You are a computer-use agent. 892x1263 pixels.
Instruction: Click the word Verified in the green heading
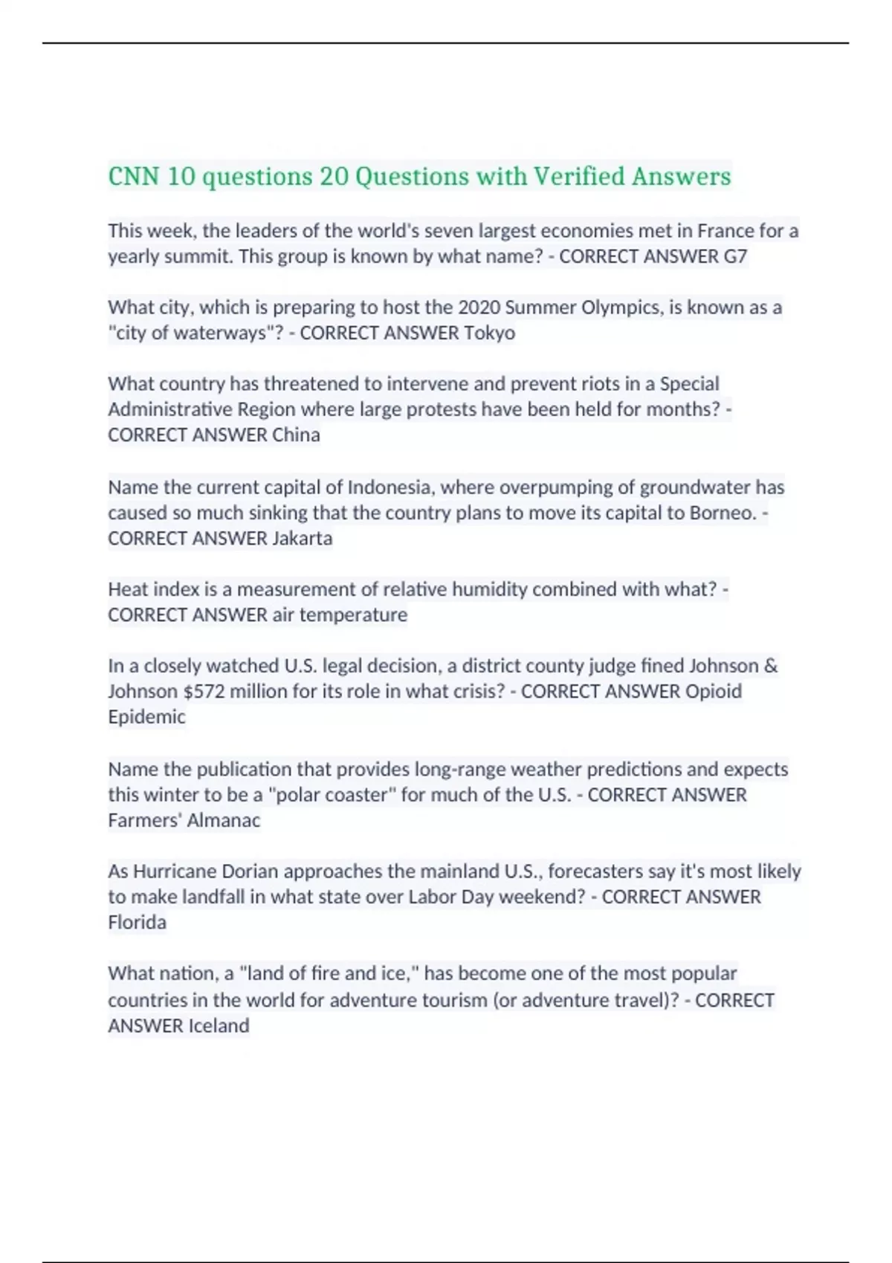click(579, 177)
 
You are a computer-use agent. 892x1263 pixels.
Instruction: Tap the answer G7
click(734, 257)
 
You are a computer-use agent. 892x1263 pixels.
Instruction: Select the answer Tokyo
click(489, 333)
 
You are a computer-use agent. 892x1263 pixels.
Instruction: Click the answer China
click(296, 435)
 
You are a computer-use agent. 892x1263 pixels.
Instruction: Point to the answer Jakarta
click(302, 538)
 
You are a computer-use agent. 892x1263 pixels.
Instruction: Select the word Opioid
click(713, 692)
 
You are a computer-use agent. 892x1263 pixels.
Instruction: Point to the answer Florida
click(137, 923)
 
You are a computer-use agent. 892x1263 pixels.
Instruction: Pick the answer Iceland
click(219, 1026)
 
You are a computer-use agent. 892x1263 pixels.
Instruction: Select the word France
click(725, 231)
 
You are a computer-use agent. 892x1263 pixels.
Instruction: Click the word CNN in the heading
click(134, 177)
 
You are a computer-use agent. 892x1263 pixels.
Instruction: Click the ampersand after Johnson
click(770, 666)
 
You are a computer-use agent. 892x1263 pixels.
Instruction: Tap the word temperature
click(353, 615)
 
